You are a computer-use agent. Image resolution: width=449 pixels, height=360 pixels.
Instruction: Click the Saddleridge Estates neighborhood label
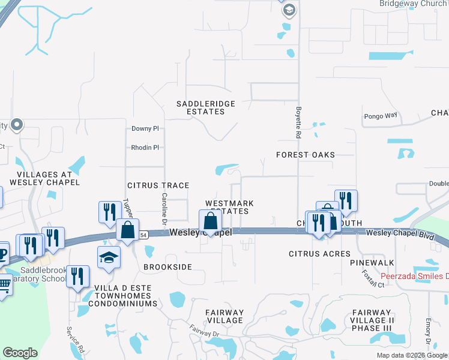pos(205,107)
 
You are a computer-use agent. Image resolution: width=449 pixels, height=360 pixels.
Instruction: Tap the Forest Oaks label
pos(305,155)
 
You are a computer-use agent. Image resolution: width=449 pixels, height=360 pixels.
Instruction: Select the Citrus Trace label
pos(158,186)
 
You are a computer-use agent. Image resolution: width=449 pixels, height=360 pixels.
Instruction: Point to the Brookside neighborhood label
pos(167,266)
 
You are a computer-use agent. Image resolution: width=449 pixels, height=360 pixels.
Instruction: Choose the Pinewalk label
pos(372,263)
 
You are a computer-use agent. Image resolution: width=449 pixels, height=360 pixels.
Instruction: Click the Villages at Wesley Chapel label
pos(40,178)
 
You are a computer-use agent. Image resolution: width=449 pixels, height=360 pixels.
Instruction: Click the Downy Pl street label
pos(145,128)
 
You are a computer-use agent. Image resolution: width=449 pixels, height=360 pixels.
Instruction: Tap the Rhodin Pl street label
pos(145,148)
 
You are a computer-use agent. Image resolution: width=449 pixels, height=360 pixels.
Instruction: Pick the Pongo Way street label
pos(381,116)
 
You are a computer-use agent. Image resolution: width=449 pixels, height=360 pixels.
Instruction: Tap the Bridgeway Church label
pos(413,4)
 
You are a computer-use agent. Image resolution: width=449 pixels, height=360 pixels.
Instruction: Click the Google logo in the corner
pos(20,353)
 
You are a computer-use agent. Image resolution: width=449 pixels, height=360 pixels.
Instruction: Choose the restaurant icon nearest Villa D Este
pos(77,277)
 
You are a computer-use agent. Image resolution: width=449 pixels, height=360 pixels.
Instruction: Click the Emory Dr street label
pos(429,334)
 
